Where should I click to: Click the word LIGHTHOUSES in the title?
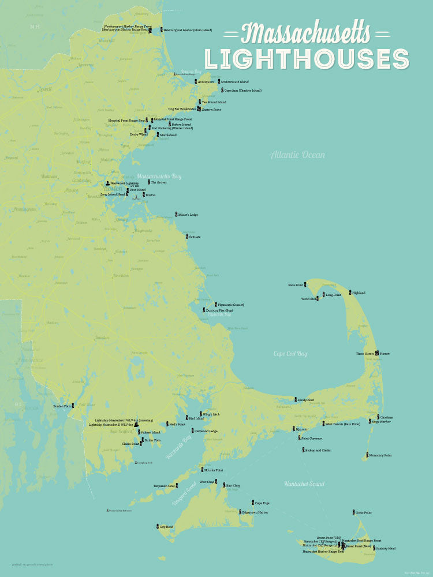[307, 59]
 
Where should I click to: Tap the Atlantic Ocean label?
[298, 155]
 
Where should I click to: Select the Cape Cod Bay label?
[290, 353]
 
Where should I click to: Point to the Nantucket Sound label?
[304, 484]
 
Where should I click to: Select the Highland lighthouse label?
[359, 293]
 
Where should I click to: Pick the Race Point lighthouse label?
[295, 285]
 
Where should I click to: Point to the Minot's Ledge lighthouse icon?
[176, 215]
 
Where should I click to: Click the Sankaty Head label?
[385, 549]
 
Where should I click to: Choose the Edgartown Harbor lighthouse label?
[256, 512]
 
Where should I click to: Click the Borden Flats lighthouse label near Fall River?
[62, 406]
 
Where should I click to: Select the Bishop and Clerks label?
[318, 450]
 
